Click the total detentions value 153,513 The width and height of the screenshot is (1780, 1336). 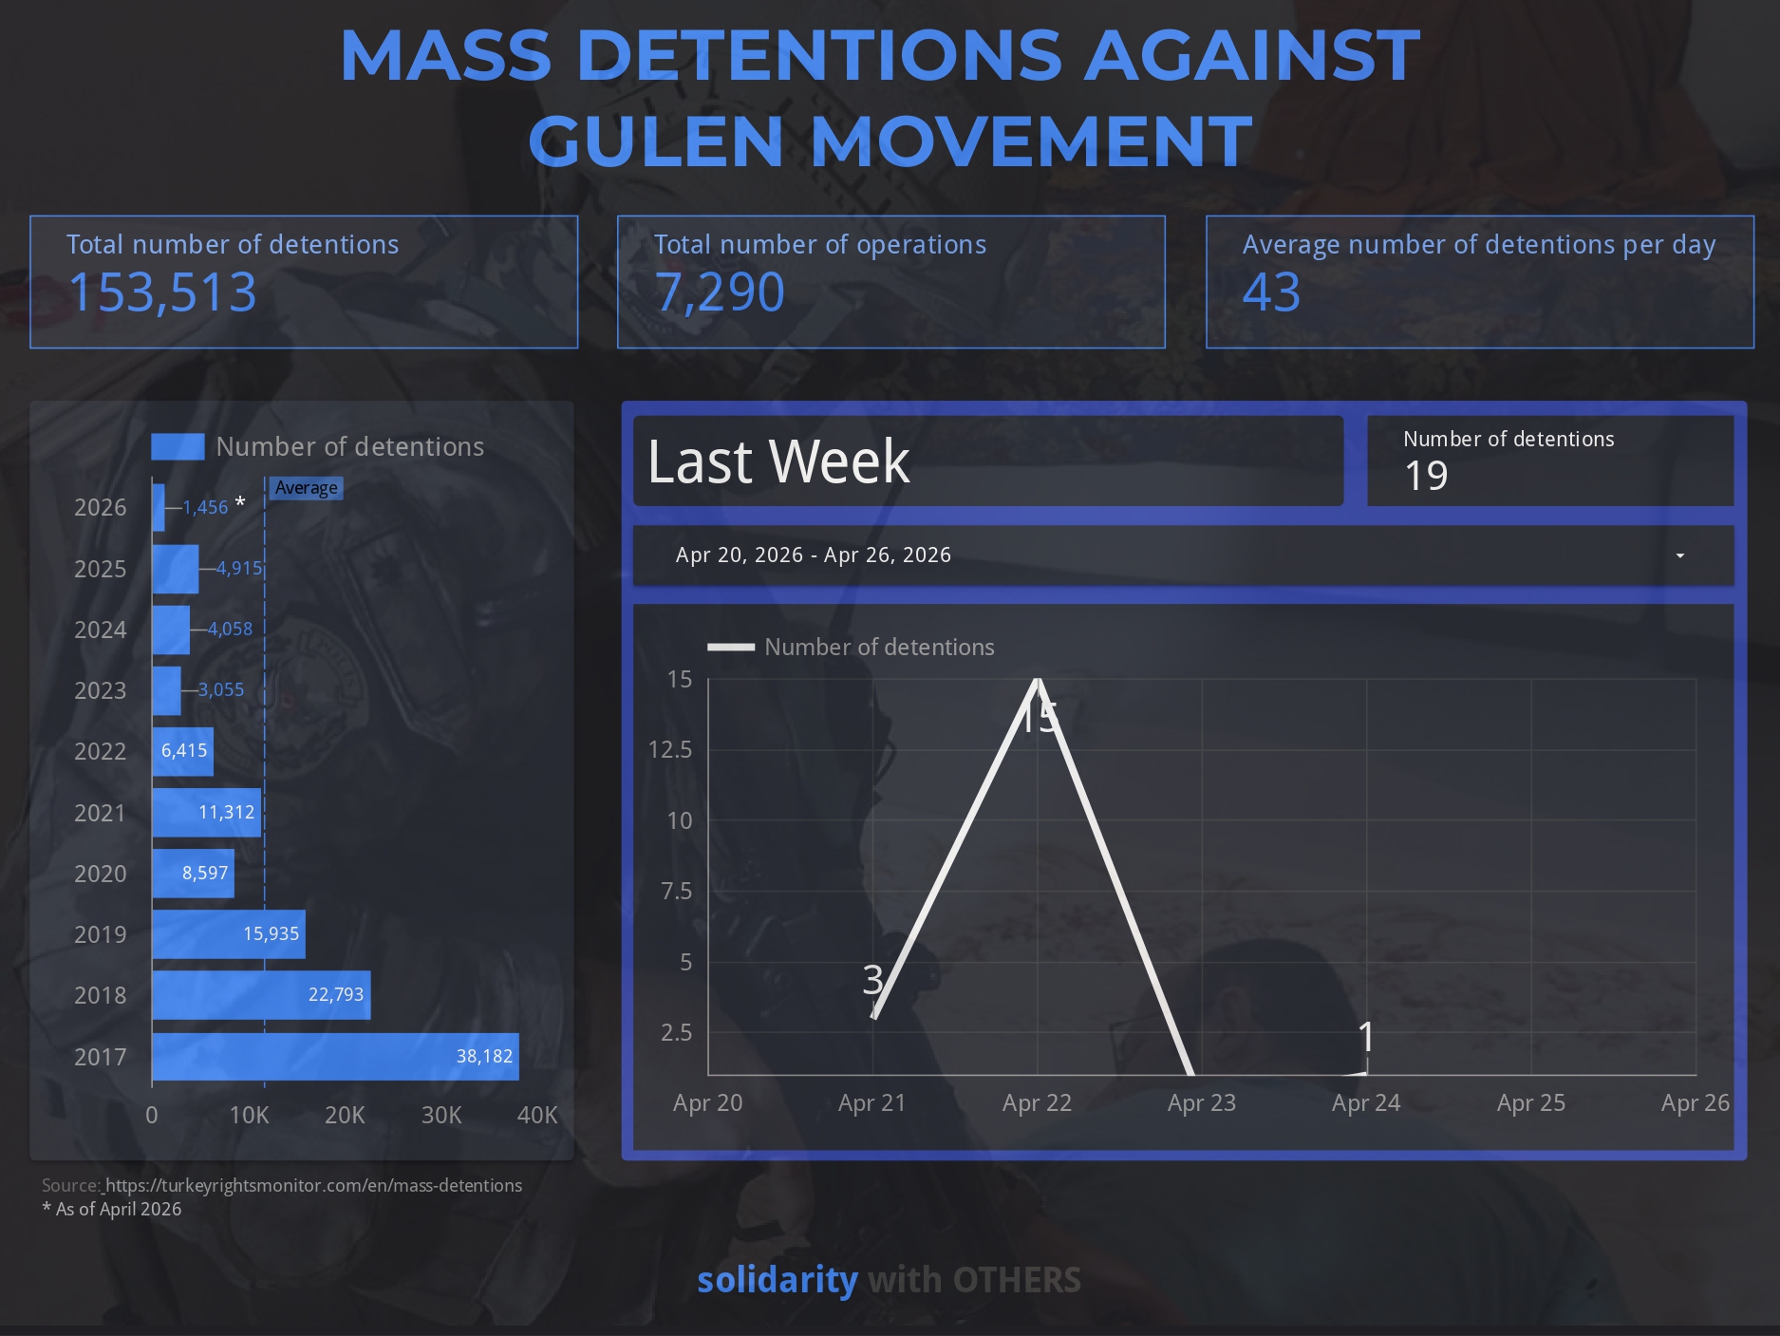162,292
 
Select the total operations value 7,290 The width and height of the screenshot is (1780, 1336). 720,292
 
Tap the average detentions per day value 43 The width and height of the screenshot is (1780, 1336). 1271,292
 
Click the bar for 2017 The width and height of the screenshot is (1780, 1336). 335,1056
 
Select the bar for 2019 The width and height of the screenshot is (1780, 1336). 228,934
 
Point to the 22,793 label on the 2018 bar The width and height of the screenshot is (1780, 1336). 335,994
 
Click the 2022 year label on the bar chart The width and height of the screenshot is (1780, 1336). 100,751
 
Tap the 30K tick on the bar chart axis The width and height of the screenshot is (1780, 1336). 441,1115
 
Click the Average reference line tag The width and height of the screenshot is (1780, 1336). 306,488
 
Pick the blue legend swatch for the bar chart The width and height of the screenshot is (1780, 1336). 178,446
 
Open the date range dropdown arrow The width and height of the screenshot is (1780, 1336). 1679,555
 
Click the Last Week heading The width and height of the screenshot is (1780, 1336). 778,461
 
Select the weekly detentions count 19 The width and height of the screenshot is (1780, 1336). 1426,476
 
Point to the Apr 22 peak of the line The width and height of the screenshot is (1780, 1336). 1038,680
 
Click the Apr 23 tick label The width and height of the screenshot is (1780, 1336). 1201,1102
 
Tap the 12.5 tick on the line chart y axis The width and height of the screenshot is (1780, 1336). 670,750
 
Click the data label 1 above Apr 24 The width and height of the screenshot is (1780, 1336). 1366,1037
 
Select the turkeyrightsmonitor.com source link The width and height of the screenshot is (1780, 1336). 313,1185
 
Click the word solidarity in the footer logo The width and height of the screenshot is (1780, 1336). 777,1280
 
